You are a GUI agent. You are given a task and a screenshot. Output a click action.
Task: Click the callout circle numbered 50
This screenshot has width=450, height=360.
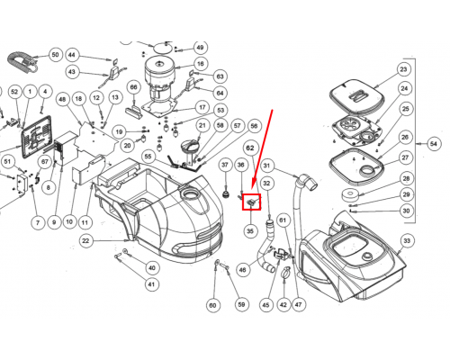coord(55,55)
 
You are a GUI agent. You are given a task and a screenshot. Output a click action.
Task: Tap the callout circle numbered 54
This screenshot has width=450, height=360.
coord(434,144)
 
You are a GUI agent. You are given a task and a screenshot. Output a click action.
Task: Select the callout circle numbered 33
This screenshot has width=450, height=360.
coord(407,241)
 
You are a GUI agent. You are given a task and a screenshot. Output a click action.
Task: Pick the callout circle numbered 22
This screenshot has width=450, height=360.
coord(85,241)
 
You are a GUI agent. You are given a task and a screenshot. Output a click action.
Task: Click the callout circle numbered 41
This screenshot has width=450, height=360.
coord(151,284)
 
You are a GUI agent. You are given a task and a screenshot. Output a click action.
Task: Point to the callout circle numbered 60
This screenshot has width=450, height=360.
coord(212,305)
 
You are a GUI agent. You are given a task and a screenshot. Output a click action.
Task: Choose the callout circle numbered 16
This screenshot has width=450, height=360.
coord(201,64)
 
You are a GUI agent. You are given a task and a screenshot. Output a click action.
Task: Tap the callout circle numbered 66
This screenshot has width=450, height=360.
coord(133,87)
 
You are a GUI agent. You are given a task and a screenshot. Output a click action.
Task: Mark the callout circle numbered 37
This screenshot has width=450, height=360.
coord(225,165)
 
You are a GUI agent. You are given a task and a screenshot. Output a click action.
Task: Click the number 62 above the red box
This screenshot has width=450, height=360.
coord(250,148)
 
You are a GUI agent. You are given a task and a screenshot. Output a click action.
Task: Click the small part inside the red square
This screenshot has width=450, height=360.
coord(252,202)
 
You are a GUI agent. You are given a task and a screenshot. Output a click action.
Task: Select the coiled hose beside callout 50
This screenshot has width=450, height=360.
coord(22,63)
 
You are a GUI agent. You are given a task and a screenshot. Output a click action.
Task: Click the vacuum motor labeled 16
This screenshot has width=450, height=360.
coord(159,85)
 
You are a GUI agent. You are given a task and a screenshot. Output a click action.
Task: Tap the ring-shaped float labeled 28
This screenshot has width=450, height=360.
coord(350,195)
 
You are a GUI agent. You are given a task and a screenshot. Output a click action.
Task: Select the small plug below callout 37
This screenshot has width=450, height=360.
coord(226,193)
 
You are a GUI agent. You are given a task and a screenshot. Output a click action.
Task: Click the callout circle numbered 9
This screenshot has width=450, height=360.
coord(54,222)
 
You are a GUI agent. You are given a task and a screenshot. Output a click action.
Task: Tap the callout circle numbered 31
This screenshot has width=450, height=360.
coord(266,166)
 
